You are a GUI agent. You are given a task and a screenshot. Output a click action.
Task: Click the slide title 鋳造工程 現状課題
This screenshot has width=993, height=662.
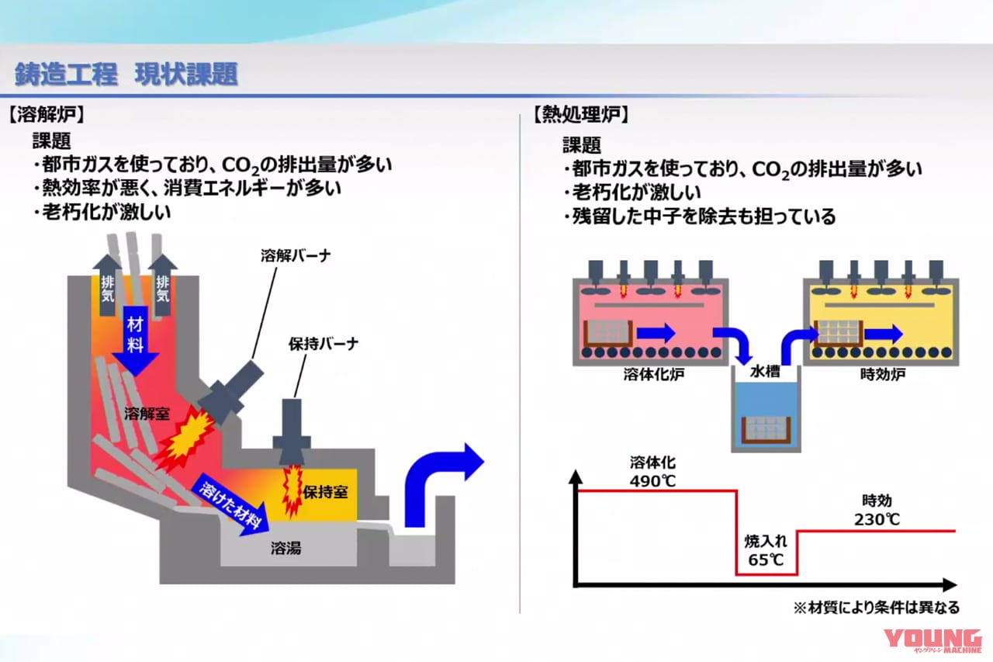click(x=126, y=75)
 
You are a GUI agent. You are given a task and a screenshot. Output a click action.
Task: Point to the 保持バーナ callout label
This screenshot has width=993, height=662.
click(x=324, y=344)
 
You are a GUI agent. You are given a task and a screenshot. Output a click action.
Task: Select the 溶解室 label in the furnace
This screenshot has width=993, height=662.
click(x=146, y=413)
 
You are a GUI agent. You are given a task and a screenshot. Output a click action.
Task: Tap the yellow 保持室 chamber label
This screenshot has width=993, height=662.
click(x=325, y=492)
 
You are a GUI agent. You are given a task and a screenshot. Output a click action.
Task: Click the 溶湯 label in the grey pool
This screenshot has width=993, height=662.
click(x=285, y=549)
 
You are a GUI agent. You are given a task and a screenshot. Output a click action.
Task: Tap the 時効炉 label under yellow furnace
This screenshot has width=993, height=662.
click(x=883, y=374)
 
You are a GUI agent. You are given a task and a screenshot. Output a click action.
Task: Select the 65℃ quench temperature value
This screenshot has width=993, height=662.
click(x=766, y=560)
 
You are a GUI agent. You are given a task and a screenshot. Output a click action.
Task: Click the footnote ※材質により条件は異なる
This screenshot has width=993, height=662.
click(x=876, y=607)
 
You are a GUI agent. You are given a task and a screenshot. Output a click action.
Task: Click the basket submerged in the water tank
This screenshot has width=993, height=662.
click(x=765, y=428)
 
